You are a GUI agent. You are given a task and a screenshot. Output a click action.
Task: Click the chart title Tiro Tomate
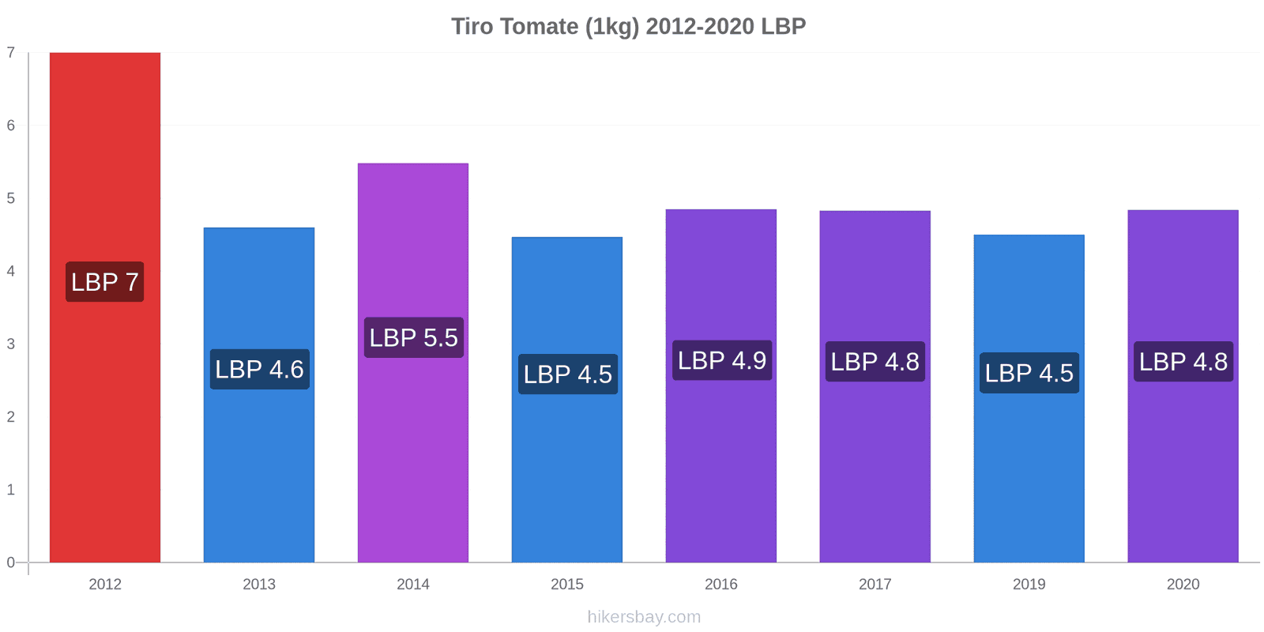coord(629,27)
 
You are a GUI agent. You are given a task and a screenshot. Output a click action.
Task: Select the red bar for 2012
coord(105,307)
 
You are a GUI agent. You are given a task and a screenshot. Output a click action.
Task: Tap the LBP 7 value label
coord(105,281)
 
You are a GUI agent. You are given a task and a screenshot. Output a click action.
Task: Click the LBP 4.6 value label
coord(260,369)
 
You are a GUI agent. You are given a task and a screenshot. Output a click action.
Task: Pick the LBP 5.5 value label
coord(414,337)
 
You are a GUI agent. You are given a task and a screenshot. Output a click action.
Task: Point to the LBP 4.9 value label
coord(722,360)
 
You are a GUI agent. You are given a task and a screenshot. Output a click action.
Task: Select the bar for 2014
coord(413,363)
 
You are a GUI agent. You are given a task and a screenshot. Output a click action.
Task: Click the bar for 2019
coord(1029,398)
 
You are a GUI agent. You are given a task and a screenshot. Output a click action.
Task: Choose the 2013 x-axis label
coord(259,584)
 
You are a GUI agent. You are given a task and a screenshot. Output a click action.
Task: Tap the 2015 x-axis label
coord(567,584)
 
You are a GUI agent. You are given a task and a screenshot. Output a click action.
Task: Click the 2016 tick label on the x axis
coord(721,584)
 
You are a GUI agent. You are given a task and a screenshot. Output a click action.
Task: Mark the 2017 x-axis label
coord(875,584)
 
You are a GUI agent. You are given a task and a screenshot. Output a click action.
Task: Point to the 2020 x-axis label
coord(1183,584)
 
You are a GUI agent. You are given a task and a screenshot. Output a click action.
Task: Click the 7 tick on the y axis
coord(11,52)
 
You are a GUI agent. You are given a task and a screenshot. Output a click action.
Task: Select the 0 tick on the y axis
coord(11,562)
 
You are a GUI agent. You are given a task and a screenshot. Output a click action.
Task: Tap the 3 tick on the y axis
coord(11,344)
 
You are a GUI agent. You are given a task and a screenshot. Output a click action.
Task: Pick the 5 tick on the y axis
coord(11,198)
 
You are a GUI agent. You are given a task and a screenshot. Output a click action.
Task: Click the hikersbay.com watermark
coord(644,616)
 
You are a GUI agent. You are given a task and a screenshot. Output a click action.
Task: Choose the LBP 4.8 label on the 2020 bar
coord(1183,362)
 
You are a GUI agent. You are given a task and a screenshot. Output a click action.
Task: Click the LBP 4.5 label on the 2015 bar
coord(568,374)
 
